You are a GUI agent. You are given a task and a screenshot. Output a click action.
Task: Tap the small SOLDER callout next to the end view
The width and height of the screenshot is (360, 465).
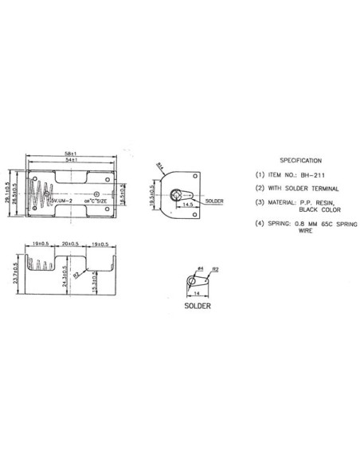pos(214,201)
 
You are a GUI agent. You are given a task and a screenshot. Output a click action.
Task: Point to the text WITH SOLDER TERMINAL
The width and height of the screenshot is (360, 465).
pos(305,188)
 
